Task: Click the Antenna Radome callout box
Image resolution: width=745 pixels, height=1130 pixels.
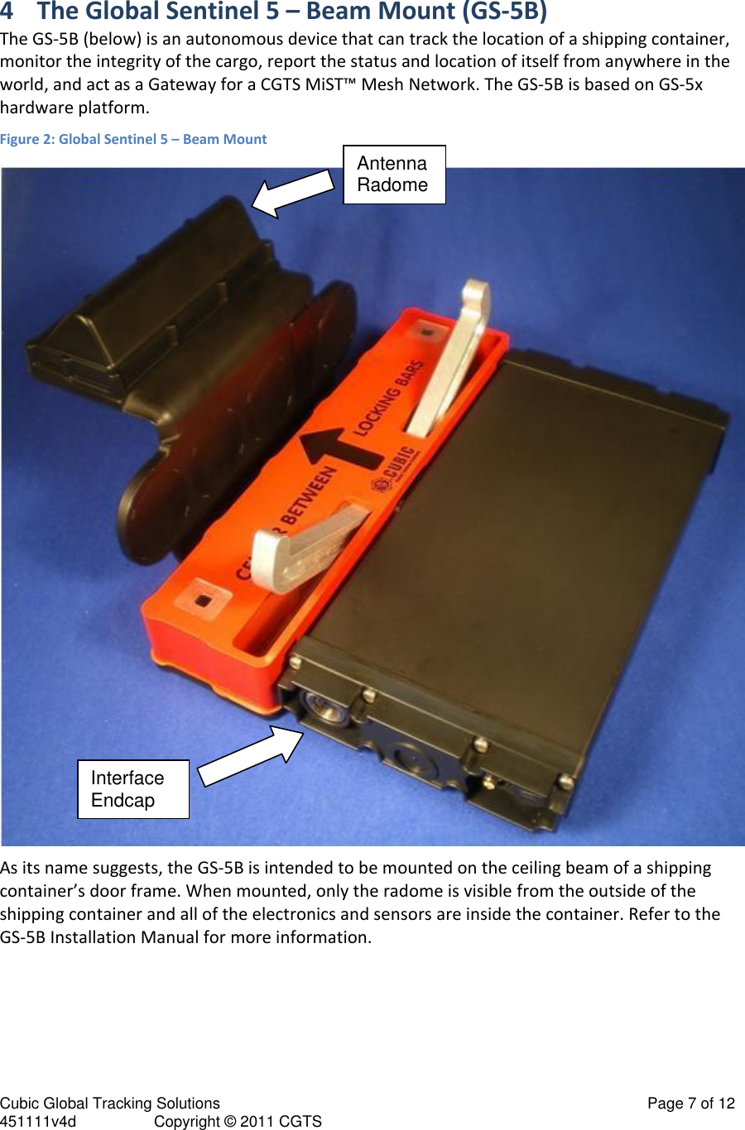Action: click(x=394, y=175)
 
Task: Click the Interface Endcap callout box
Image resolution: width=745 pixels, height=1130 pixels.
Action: click(x=133, y=789)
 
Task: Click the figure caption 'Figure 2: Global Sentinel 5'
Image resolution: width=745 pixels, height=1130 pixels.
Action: click(x=133, y=139)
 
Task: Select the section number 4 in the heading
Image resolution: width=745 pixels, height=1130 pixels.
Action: click(x=7, y=12)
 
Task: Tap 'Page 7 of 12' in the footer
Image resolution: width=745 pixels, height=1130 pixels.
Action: click(x=690, y=1103)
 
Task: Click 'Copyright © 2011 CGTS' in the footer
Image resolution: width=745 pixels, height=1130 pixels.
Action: click(x=238, y=1121)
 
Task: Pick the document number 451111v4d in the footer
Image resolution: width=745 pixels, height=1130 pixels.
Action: click(x=38, y=1121)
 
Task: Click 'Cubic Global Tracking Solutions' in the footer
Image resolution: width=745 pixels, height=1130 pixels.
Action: click(x=110, y=1103)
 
